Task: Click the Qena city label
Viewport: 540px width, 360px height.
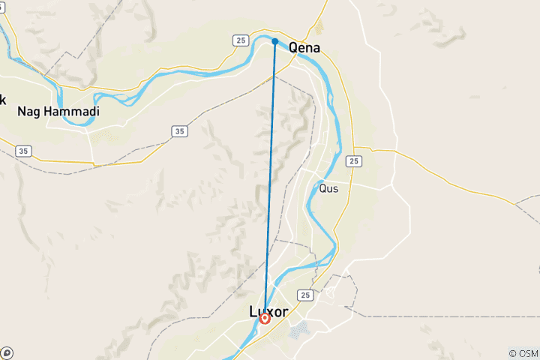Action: click(304, 48)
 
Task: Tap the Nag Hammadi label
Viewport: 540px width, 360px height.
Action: click(58, 111)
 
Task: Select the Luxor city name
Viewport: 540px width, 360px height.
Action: click(268, 310)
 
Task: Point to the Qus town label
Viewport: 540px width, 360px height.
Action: click(328, 189)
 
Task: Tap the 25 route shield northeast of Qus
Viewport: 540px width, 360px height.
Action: click(355, 161)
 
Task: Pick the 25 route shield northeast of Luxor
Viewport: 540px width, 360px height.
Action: click(304, 295)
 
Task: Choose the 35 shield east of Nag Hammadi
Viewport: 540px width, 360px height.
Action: click(178, 131)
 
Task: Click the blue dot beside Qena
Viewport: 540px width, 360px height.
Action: click(275, 41)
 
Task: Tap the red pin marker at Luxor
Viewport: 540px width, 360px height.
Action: click(265, 319)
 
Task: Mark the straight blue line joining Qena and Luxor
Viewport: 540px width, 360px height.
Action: click(270, 180)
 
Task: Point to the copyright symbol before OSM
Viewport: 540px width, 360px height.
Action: click(513, 353)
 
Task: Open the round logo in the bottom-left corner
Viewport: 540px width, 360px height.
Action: click(7, 352)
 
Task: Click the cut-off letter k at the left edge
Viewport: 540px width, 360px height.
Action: click(2, 99)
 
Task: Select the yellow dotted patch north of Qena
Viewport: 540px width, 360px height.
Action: click(319, 28)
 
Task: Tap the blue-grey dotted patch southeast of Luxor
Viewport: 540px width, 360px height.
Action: click(297, 330)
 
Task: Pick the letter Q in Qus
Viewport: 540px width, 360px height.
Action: click(322, 189)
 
